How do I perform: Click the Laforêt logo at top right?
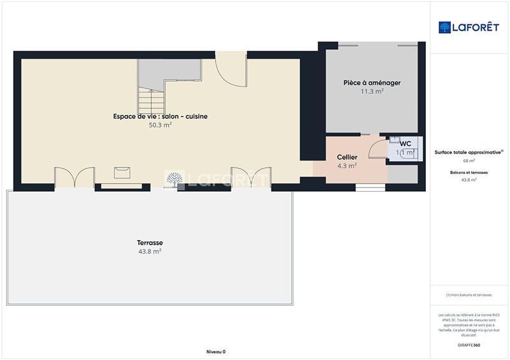pyautogui.click(x=469, y=27)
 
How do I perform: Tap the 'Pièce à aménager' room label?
pyautogui.click(x=372, y=83)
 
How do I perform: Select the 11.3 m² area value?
pyautogui.click(x=372, y=92)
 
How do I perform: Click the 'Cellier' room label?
pyautogui.click(x=347, y=157)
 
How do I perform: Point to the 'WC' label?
pyautogui.click(x=405, y=143)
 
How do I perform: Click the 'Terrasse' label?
pyautogui.click(x=150, y=243)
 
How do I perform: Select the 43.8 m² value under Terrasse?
pyautogui.click(x=150, y=252)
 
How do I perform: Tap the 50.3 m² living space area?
pyautogui.click(x=160, y=126)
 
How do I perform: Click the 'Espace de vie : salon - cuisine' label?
pyautogui.click(x=160, y=117)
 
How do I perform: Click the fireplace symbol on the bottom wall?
pyautogui.click(x=122, y=172)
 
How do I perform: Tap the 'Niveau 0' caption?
pyautogui.click(x=216, y=352)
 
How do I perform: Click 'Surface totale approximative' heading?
pyautogui.click(x=469, y=152)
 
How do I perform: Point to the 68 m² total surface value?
pyautogui.click(x=469, y=161)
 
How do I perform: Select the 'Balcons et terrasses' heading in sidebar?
pyautogui.click(x=469, y=173)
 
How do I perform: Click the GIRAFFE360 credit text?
pyautogui.click(x=469, y=345)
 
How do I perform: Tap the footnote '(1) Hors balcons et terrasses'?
pyautogui.click(x=469, y=295)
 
